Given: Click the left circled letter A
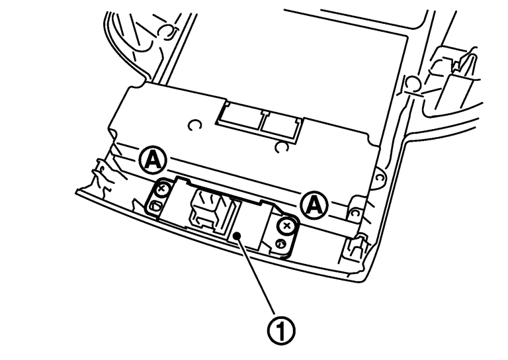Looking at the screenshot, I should [153, 158].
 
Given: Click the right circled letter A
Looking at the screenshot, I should [314, 206].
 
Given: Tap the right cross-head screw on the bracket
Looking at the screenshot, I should [286, 226].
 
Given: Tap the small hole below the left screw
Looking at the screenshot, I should [155, 207].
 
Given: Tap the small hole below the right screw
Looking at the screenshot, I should [280, 245].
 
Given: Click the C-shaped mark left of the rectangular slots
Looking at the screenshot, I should [194, 126].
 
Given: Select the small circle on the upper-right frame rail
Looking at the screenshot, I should [410, 82].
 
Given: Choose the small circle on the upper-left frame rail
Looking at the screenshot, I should [167, 30].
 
